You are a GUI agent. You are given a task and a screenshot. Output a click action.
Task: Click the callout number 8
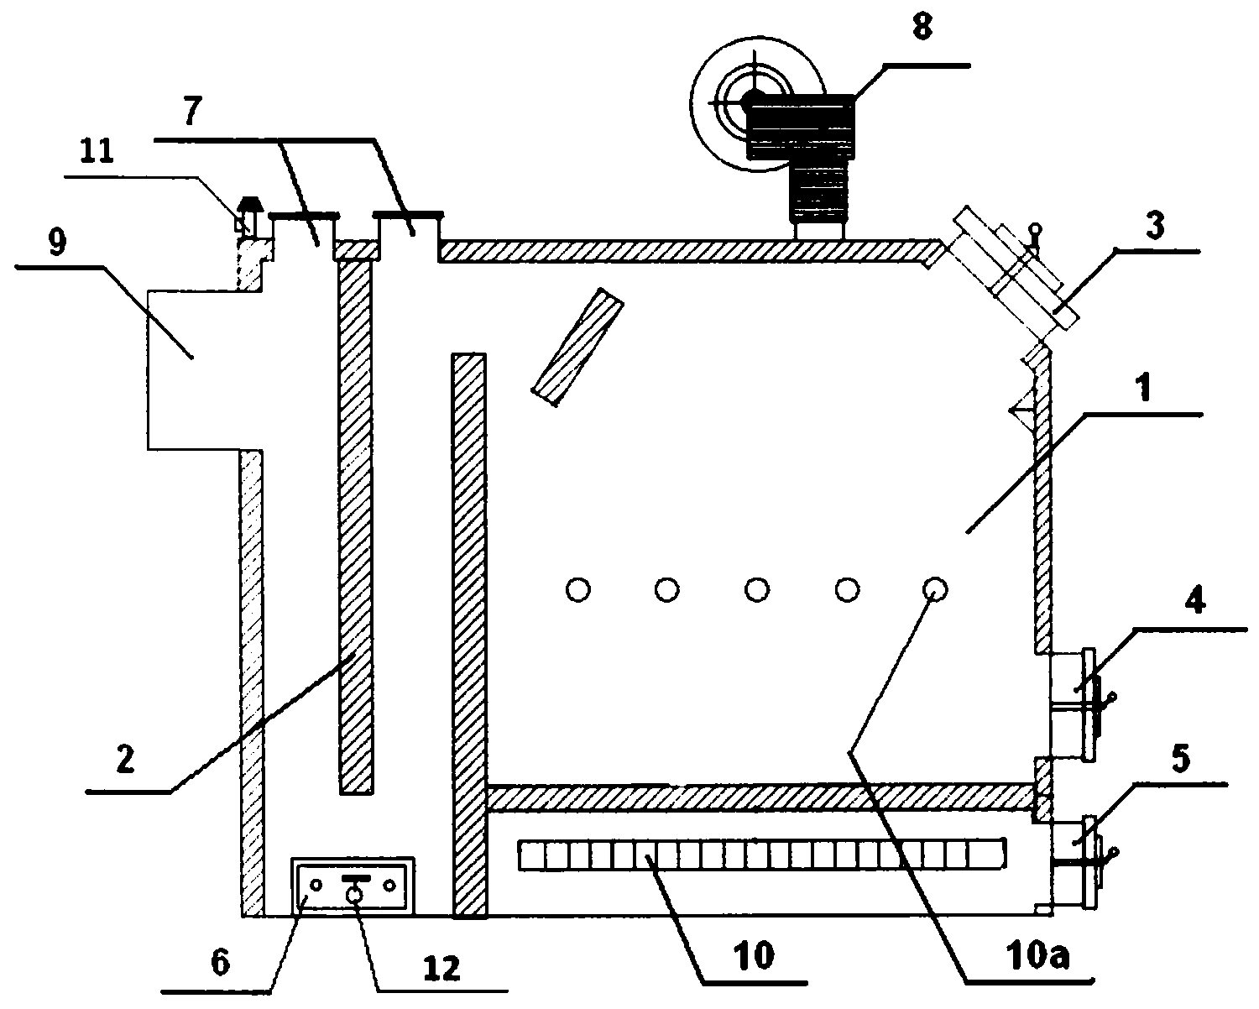coord(922,27)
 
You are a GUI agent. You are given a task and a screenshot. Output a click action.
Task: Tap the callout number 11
coord(97,152)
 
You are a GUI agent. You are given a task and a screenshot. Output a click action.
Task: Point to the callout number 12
coord(441,969)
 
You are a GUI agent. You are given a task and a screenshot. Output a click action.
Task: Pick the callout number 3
coord(1154,226)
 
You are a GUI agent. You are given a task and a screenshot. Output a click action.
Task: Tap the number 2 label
coord(125,759)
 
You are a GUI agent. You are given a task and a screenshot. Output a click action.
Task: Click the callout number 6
coord(221,963)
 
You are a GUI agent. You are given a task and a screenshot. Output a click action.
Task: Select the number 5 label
coord(1181,759)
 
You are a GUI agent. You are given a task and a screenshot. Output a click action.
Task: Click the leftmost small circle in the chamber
coord(578,590)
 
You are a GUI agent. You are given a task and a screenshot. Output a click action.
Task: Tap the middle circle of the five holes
coord(756,590)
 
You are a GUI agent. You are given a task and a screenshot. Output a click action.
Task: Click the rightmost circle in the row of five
coord(935,589)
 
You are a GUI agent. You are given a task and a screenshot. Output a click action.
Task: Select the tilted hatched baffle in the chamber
coord(577,347)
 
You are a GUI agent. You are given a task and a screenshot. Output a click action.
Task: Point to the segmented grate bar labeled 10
coord(762,855)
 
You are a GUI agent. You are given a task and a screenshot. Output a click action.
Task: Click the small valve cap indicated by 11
coord(250,215)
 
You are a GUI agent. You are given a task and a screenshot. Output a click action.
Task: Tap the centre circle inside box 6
coord(354,894)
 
